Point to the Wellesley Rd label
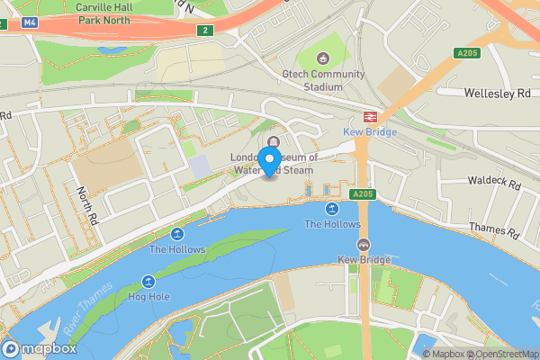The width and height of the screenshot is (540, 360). coord(497,93)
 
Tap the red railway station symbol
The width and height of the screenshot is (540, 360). coord(369,117)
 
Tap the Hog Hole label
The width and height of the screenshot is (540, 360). coord(148,296)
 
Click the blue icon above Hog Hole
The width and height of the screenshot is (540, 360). coord(148,282)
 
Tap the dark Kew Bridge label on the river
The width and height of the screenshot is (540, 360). coord(364,260)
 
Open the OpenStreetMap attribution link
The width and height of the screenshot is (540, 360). coord(499,354)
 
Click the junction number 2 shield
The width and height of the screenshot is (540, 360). coord(205,30)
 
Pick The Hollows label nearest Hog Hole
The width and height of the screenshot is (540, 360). coord(177,249)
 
